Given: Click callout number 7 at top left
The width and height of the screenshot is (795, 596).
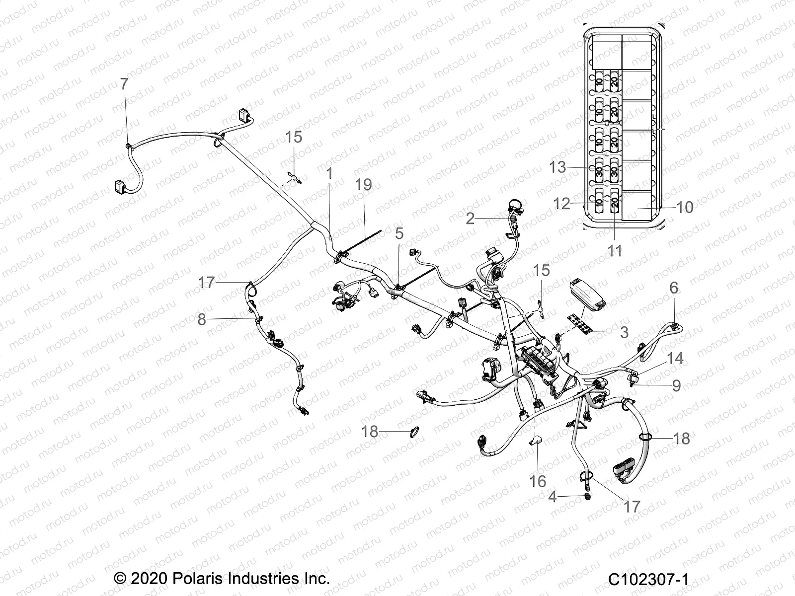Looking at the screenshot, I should click(124, 84).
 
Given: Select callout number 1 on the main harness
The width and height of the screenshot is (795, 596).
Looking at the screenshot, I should click(329, 174).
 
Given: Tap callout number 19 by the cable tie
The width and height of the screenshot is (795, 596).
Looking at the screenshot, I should click(364, 185).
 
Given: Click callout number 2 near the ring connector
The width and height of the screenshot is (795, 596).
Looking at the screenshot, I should click(470, 219).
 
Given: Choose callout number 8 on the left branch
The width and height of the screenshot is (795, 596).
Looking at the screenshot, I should click(201, 319).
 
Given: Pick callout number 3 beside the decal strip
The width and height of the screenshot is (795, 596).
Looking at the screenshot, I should click(624, 332).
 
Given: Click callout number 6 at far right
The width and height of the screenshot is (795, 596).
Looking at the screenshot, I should click(674, 288).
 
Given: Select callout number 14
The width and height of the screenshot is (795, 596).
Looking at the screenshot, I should click(675, 358).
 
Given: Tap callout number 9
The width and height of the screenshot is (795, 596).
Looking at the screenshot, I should click(676, 385).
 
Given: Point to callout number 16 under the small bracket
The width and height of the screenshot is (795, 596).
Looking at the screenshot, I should click(538, 481).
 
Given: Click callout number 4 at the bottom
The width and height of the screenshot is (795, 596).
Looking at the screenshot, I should click(553, 496).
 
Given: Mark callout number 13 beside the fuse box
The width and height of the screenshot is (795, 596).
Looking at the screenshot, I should click(557, 167).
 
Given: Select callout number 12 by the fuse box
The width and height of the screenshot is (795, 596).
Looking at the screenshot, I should click(561, 204).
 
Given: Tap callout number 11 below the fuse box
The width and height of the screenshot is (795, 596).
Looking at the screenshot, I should click(615, 251).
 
